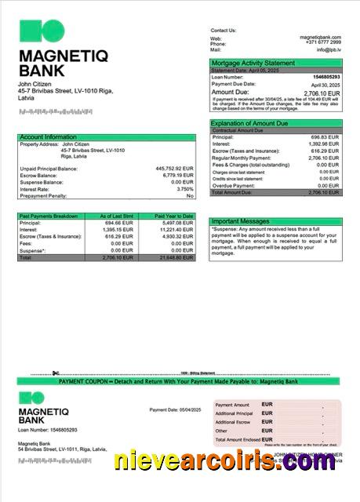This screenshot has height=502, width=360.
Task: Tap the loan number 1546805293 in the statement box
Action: click(326, 77)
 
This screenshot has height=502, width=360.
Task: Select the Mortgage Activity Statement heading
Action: click(253, 63)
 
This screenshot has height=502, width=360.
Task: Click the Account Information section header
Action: click(48, 137)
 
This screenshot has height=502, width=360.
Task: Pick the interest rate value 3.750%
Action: click(185, 189)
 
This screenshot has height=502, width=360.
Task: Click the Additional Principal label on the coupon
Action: click(234, 413)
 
